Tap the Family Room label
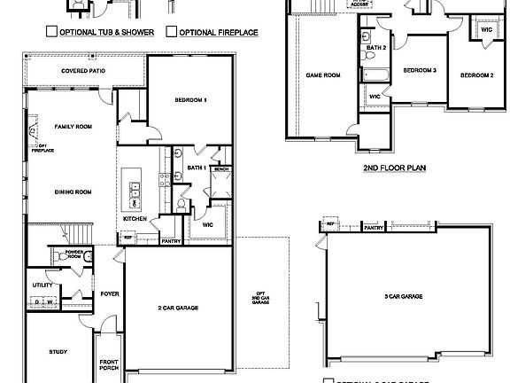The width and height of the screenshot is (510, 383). (73, 127)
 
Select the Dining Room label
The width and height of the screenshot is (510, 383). (73, 191)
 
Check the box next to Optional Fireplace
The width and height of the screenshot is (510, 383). (171, 32)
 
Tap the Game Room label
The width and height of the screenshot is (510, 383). (323, 75)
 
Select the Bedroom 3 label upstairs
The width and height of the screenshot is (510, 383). (421, 69)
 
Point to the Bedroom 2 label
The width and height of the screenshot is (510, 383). (476, 75)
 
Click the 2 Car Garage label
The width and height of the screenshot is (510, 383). (178, 308)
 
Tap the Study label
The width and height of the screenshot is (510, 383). (58, 352)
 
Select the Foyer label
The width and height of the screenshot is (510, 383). (110, 293)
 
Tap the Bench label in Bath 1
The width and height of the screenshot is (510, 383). (221, 168)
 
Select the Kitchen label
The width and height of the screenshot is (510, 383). (135, 218)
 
